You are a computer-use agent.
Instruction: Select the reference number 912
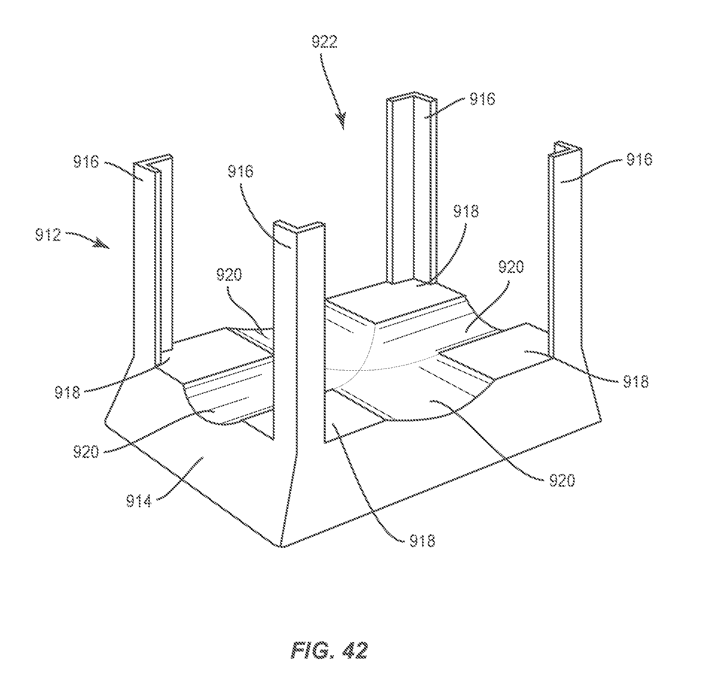pos(48,235)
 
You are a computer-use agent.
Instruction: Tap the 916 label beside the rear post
pos(482,100)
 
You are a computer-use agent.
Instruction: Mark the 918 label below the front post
pos(422,541)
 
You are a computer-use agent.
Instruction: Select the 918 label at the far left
pos(67,393)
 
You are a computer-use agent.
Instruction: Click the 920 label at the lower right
pos(562,480)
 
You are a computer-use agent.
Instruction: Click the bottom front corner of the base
pos(280,547)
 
